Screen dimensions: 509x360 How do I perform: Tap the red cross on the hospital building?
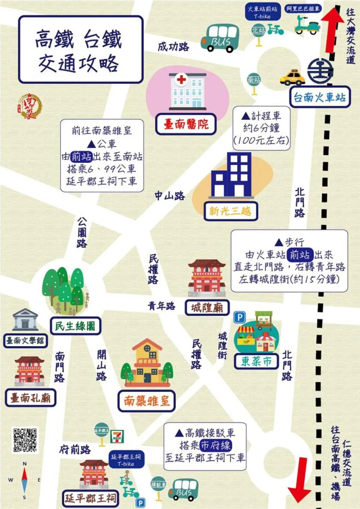point(181,81)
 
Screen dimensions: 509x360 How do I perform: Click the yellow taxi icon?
point(292,77)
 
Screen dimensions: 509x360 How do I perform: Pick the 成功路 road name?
point(173,47)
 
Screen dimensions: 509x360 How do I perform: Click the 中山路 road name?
point(169,195)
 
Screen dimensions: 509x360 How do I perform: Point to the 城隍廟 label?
point(207,307)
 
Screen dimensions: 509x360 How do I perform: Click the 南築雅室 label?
point(147,400)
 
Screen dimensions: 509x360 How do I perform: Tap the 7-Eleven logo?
point(116,436)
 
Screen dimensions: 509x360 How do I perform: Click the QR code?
point(26,440)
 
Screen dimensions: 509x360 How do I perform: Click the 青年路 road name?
point(161,306)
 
